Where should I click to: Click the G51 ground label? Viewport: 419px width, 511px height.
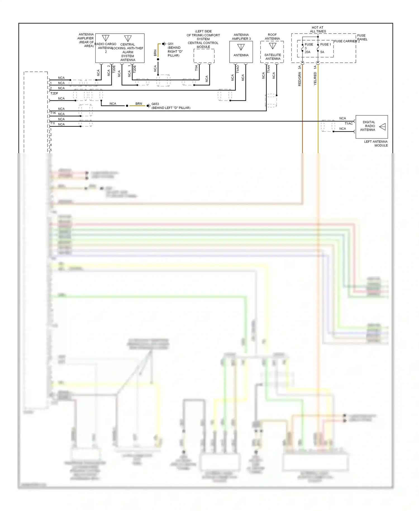(170, 44)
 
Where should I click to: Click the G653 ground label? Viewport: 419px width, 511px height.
(155, 104)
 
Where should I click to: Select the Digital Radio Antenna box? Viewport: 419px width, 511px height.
(372, 127)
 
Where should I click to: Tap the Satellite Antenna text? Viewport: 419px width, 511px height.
(273, 57)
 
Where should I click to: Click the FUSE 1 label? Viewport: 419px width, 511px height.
(325, 44)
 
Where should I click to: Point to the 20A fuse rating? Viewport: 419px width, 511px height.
(307, 52)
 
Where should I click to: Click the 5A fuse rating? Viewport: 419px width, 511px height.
(322, 52)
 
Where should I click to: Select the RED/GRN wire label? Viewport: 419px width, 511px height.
(300, 79)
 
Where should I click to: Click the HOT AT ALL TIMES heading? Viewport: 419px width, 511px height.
(318, 29)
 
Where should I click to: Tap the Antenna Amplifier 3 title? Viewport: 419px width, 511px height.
(241, 37)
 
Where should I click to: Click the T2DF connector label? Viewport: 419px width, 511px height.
(54, 93)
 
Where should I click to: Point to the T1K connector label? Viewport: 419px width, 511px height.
(53, 113)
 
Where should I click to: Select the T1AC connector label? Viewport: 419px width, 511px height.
(348, 124)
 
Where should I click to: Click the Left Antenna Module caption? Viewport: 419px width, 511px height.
(376, 143)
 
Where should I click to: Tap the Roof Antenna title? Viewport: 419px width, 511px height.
(272, 37)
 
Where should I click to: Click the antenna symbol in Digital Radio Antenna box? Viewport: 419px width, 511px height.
(383, 127)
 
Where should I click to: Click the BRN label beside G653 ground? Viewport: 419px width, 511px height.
(139, 104)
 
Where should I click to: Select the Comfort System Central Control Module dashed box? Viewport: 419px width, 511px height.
(204, 56)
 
